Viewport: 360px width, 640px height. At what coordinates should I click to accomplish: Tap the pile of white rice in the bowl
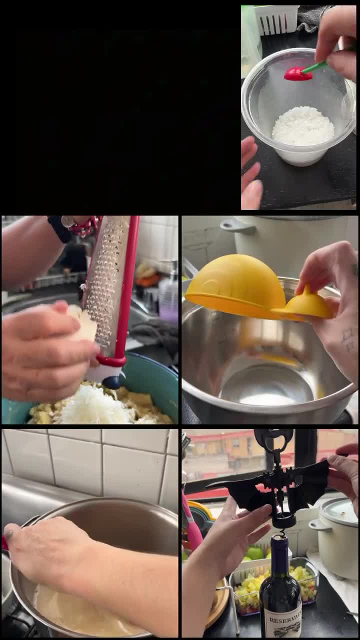303,126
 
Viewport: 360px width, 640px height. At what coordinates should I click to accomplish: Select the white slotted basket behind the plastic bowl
276,19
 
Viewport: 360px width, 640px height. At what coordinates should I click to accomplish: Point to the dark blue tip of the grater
111,382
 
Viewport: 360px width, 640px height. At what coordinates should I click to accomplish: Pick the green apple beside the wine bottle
255,552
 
